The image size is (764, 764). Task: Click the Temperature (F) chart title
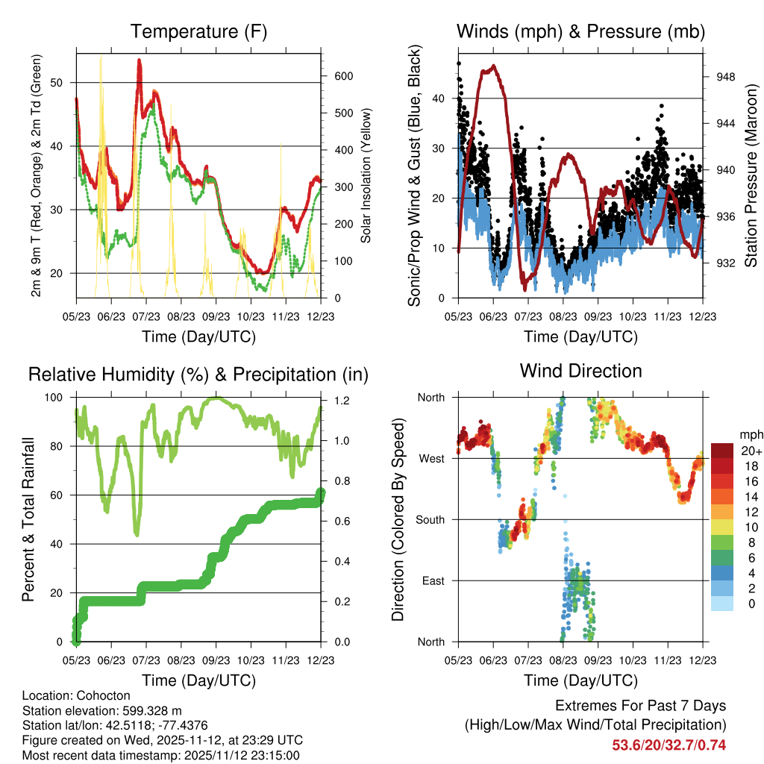pyautogui.click(x=198, y=32)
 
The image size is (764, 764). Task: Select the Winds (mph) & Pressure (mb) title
pyautogui.click(x=580, y=32)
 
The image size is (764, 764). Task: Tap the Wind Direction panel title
pyautogui.click(x=580, y=371)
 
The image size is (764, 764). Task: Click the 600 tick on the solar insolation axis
pyautogui.click(x=342, y=77)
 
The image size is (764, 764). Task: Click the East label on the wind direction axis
pyautogui.click(x=432, y=580)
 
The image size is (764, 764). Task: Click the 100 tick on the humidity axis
pyautogui.click(x=60, y=398)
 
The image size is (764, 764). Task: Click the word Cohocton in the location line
pyautogui.click(x=95, y=695)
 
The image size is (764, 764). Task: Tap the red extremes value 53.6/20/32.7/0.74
pyautogui.click(x=668, y=745)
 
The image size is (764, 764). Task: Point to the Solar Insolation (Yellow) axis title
pyautogui.click(x=367, y=175)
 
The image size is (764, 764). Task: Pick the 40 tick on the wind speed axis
pyautogui.click(x=441, y=98)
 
